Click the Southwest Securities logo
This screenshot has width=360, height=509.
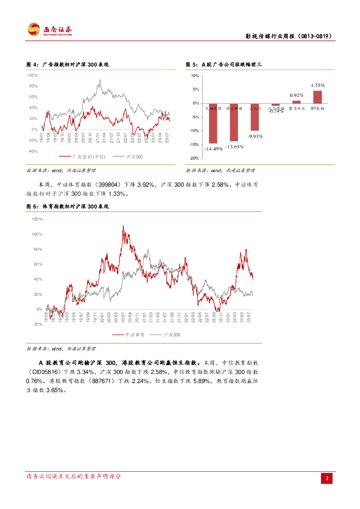coord(50,30)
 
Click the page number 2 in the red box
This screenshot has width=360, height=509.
coord(327,479)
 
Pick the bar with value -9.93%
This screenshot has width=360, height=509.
coord(255,117)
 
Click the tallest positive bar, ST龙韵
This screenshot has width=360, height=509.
coord(317,97)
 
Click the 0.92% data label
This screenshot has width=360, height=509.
coord(296,95)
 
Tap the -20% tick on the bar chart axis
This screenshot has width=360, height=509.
coord(195,158)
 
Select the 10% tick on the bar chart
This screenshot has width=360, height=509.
coord(195,76)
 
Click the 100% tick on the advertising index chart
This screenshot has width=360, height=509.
coord(32,76)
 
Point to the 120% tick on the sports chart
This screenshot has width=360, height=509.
coord(37,219)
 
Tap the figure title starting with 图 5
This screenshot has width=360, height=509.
coord(223,65)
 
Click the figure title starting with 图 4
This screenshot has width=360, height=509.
coord(67,65)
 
